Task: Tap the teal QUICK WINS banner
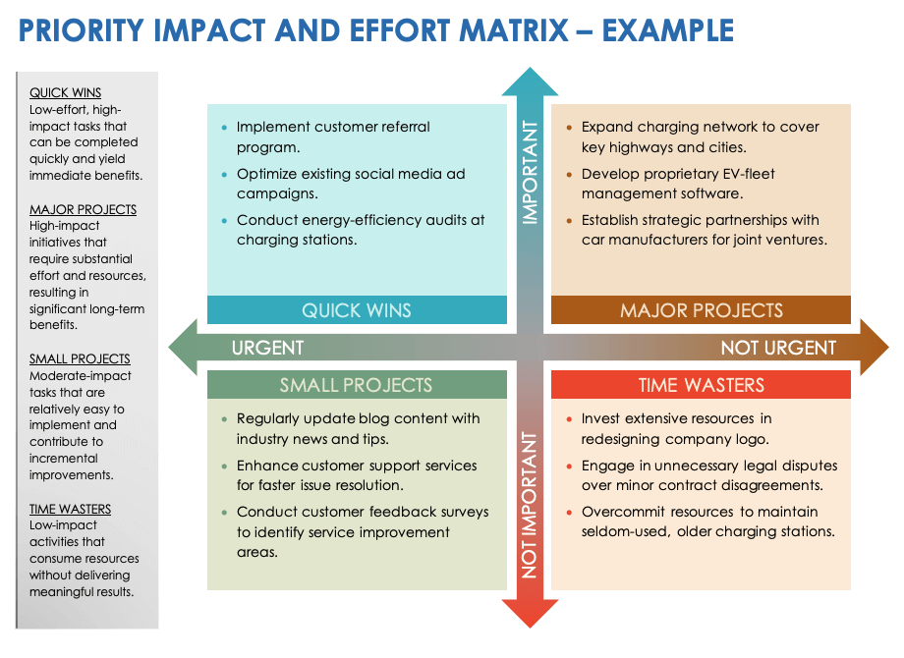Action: [357, 310]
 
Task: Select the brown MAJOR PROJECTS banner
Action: [702, 310]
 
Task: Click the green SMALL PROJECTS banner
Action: [357, 385]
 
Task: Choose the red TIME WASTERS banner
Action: [702, 385]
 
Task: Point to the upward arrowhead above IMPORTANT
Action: [530, 82]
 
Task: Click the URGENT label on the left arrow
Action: [267, 348]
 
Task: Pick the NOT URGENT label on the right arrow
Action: [778, 348]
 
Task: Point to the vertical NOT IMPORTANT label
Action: [530, 503]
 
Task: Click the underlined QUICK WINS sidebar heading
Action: [65, 93]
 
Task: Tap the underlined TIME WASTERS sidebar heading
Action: [70, 509]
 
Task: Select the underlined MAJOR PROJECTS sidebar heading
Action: [83, 209]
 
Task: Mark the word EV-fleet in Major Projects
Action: [745, 174]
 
